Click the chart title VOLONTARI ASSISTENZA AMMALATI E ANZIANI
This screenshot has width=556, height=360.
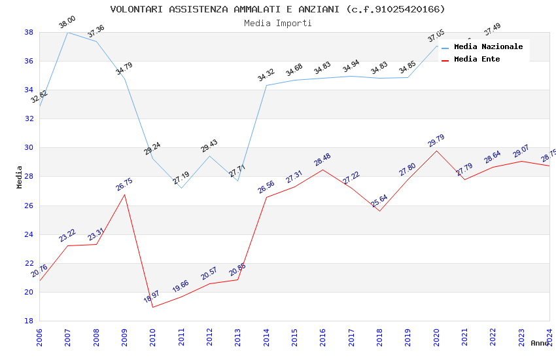click(x=277, y=9)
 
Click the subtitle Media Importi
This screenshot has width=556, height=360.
click(x=277, y=23)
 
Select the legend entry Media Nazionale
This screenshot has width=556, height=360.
click(x=488, y=46)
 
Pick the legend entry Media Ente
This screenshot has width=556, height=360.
click(x=477, y=59)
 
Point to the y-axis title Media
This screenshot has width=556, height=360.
click(x=20, y=177)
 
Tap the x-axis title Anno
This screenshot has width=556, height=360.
click(x=540, y=343)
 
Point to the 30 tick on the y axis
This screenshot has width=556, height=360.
click(x=29, y=148)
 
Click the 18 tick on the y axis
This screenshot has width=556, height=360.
click(x=29, y=321)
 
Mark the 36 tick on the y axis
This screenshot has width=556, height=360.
click(x=29, y=61)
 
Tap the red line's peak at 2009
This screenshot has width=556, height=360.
click(x=124, y=194)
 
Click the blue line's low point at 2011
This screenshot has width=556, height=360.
click(x=181, y=188)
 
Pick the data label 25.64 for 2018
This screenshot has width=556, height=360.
click(x=379, y=200)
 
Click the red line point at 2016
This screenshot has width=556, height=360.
click(x=323, y=170)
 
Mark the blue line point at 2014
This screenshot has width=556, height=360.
click(x=266, y=85)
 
